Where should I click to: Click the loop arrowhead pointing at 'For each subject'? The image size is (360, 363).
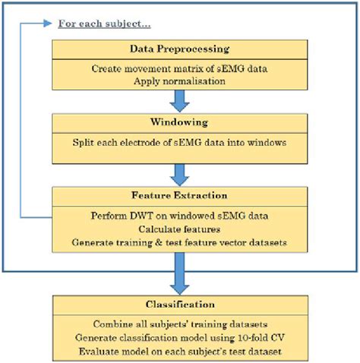50,23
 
